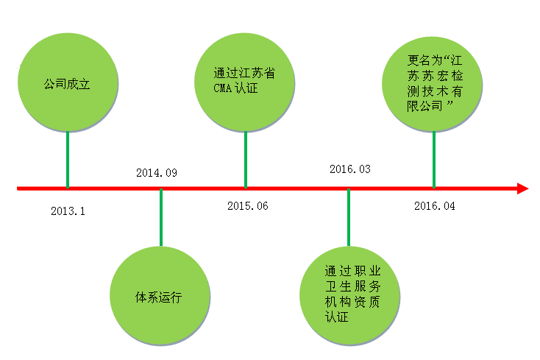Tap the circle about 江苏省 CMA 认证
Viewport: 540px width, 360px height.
pyautogui.click(x=244, y=81)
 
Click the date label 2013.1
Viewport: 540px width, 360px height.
pyautogui.click(x=68, y=211)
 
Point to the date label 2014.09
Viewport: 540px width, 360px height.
pyautogui.click(x=157, y=173)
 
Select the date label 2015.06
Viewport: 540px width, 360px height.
pyautogui.click(x=248, y=205)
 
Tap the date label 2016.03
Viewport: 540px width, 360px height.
pyautogui.click(x=350, y=169)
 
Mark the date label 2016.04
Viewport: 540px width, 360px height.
pyautogui.click(x=435, y=206)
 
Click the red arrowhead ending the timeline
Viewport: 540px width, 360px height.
pyautogui.click(x=522, y=189)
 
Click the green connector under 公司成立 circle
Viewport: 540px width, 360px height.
pyautogui.click(x=68, y=158)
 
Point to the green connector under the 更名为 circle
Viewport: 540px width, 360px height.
pyautogui.click(x=434, y=158)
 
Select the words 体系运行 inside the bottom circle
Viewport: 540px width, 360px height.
pyautogui.click(x=157, y=298)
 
